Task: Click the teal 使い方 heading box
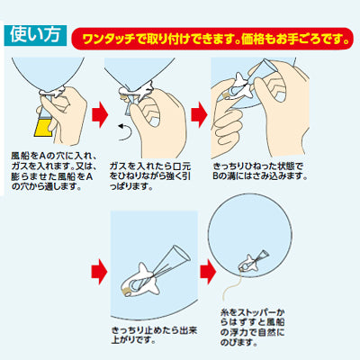35,35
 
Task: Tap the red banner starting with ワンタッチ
212,39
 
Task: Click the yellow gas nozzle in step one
43,127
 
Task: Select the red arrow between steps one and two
100,114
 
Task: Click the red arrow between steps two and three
199,114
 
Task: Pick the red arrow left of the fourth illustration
99,272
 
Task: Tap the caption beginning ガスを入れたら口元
150,176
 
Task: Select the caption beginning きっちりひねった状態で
260,171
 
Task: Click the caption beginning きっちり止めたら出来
154,335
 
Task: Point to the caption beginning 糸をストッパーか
252,328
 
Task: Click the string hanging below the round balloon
231,286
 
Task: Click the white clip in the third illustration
240,85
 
